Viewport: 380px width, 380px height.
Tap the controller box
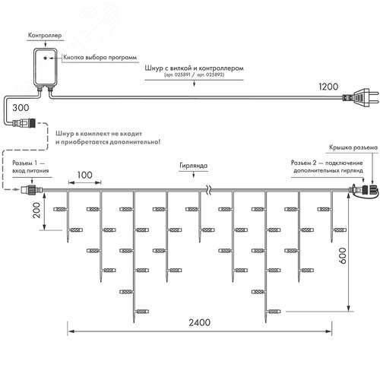50,66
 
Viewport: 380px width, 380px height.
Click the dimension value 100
84,176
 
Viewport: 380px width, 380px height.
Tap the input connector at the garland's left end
33,190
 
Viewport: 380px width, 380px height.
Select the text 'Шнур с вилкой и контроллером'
194,68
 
